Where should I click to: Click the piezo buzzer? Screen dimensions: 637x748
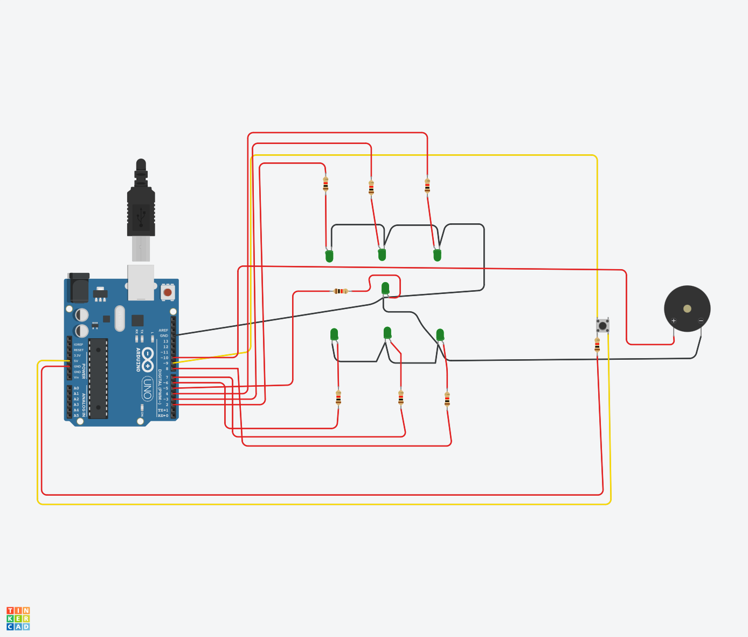coord(687,309)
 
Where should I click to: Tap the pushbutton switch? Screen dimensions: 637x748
coord(602,326)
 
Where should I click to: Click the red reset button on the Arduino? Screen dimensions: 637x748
coord(168,292)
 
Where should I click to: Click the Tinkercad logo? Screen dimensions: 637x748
coord(18,619)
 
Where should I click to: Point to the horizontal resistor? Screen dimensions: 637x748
coord(341,291)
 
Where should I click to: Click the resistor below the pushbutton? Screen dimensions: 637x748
coord(597,345)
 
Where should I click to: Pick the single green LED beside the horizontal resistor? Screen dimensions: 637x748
coord(385,288)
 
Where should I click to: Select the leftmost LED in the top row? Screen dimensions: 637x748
coord(329,256)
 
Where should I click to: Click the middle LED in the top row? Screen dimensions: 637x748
coord(382,254)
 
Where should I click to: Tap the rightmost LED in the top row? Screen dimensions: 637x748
coord(437,255)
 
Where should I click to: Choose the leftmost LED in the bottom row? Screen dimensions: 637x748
coord(334,334)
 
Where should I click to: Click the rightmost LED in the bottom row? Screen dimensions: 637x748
coord(440,334)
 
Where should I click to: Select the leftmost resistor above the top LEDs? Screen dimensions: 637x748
coord(325,184)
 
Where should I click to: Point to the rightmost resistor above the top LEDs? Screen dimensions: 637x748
coord(427,186)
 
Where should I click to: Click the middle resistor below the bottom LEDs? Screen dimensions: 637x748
coord(401,398)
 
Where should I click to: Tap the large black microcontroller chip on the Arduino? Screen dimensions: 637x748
coord(98,378)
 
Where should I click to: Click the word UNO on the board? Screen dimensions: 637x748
coord(147,388)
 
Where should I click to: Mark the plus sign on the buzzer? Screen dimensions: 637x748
coord(674,321)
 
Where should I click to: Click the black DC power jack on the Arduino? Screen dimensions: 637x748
coord(79,289)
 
